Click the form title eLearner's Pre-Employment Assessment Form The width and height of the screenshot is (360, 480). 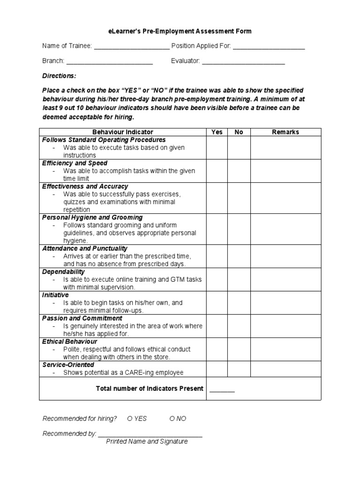180,31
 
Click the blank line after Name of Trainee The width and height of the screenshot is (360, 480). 132,47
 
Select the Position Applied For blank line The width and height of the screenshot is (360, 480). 269,47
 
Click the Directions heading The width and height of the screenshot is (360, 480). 59,76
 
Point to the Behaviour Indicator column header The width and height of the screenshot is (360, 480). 122,132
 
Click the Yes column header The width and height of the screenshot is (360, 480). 217,132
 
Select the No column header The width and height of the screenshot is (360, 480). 239,132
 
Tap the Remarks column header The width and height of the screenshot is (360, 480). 285,132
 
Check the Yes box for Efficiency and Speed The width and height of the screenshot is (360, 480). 217,171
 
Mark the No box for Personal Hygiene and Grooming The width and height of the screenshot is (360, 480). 239,229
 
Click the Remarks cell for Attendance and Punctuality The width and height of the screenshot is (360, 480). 285,256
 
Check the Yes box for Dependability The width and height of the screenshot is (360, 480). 217,279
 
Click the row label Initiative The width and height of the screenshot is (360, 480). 56,295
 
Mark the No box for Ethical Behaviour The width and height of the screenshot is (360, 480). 239,349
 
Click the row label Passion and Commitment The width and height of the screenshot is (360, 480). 82,318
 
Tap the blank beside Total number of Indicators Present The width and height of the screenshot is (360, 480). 222,390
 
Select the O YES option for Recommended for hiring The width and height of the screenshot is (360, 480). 137,419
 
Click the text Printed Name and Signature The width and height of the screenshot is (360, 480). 147,442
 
